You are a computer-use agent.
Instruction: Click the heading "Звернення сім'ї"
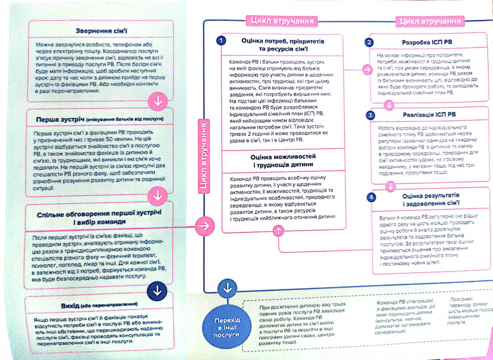(101, 31)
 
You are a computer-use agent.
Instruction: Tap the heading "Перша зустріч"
(60, 119)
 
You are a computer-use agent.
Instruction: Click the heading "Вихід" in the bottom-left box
(70, 306)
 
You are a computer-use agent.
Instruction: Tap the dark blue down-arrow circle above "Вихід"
(157, 291)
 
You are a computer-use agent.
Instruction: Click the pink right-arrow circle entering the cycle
(204, 226)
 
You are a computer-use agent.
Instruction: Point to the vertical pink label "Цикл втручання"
(203, 156)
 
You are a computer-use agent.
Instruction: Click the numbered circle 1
(221, 41)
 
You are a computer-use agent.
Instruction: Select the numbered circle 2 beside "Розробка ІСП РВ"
(369, 42)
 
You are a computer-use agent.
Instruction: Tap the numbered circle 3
(370, 115)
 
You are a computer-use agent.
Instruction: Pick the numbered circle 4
(371, 197)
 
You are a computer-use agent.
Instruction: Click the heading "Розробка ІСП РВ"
(427, 42)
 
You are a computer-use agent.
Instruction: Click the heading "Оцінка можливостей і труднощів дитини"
(283, 160)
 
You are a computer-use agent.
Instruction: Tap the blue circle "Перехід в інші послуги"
(226, 327)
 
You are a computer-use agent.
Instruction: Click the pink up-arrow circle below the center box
(279, 230)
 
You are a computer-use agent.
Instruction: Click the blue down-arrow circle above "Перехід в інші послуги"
(227, 288)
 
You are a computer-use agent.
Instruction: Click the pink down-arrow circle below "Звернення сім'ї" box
(158, 101)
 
